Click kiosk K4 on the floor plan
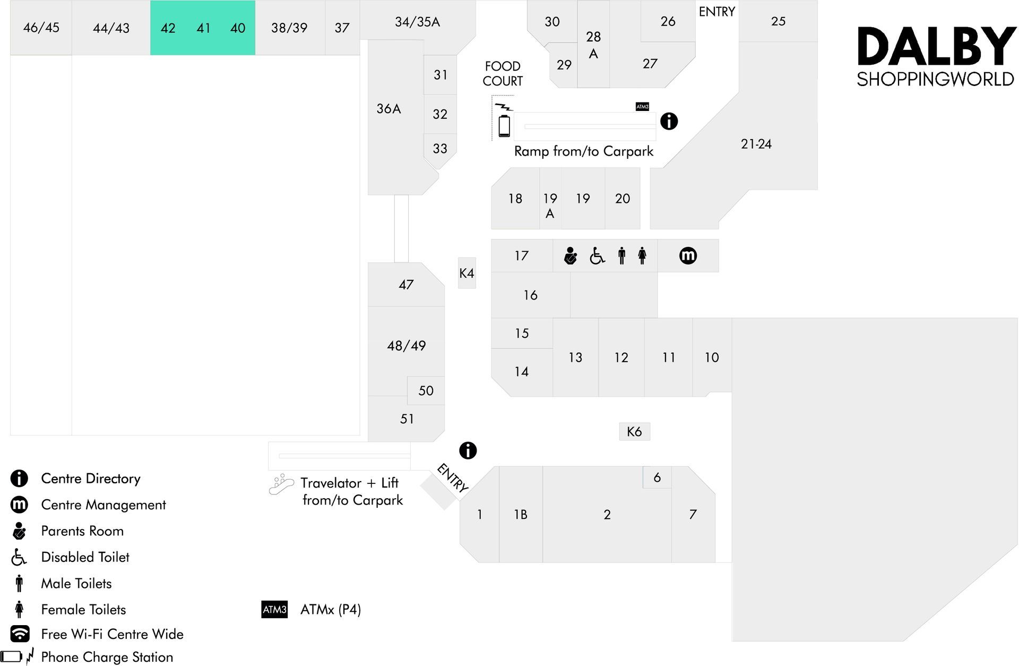[x=467, y=273]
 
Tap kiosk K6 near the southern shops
[x=634, y=431]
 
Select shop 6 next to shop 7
[x=657, y=477]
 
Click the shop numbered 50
[x=426, y=390]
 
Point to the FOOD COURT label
[x=503, y=73]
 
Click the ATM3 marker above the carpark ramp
[x=642, y=106]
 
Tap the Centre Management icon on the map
[x=688, y=255]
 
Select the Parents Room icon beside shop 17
[x=571, y=255]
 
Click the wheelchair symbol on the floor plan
[x=597, y=256]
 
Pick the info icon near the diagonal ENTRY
[x=468, y=450]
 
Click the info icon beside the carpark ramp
[x=669, y=121]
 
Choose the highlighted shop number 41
[x=203, y=28]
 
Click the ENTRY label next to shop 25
[x=716, y=12]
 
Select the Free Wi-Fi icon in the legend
[x=20, y=634]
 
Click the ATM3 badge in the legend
[x=274, y=609]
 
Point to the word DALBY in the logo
[x=937, y=47]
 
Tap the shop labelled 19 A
[x=550, y=206]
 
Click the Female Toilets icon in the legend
[x=20, y=609]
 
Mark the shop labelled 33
[x=440, y=149]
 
